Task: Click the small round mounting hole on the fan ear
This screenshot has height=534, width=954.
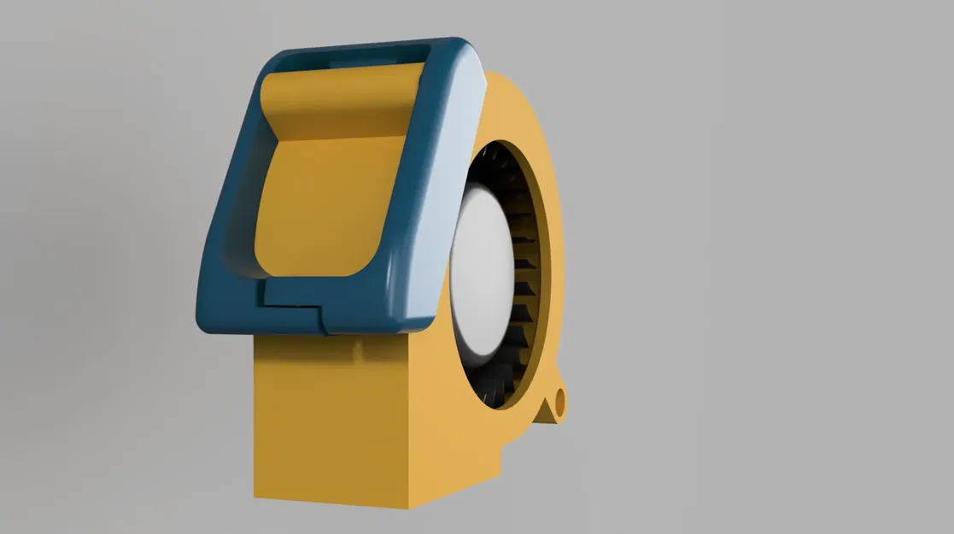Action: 560,400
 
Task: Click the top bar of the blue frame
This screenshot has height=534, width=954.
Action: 359,53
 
